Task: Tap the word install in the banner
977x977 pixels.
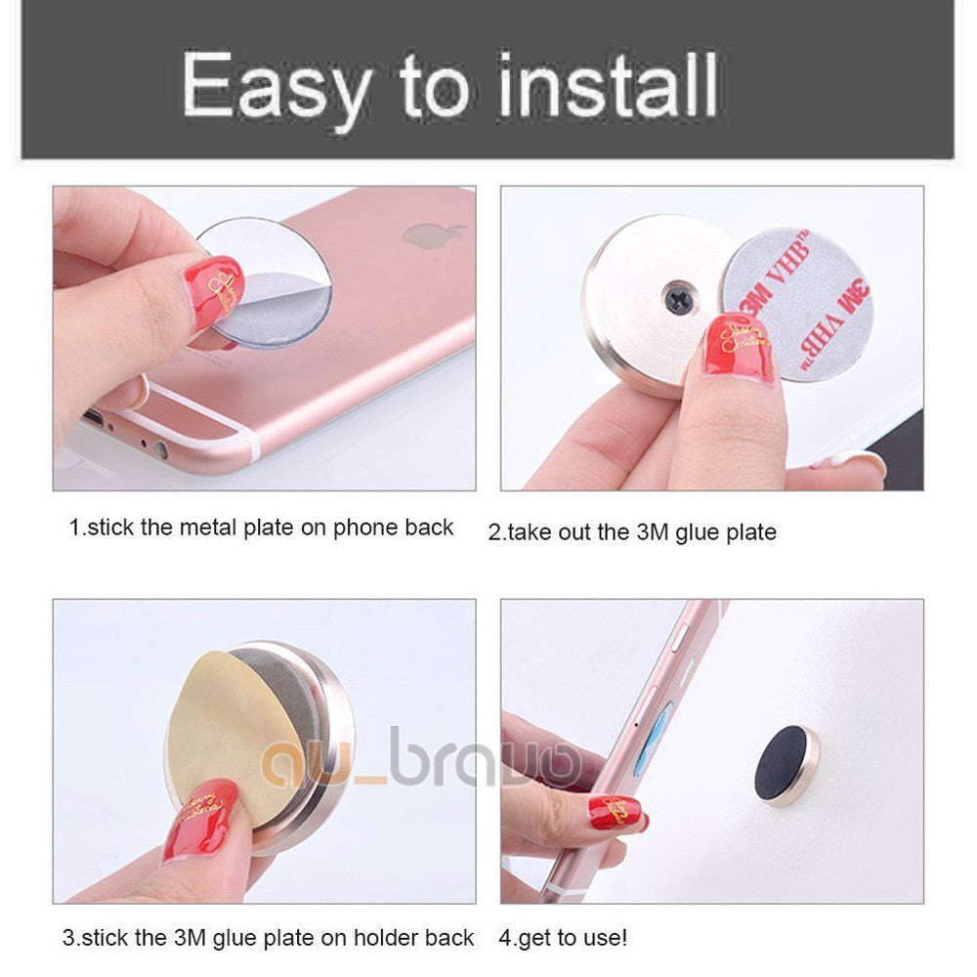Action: tap(608, 84)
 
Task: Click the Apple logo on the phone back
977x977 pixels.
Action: tap(433, 234)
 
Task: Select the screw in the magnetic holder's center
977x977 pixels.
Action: tap(679, 298)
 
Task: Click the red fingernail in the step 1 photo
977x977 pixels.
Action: tap(214, 291)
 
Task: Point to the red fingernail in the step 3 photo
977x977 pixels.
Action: tap(199, 821)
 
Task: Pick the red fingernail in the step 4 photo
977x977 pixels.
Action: tap(615, 812)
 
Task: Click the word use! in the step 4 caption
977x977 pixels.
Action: tap(605, 938)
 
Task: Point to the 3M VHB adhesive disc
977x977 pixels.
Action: tap(796, 305)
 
